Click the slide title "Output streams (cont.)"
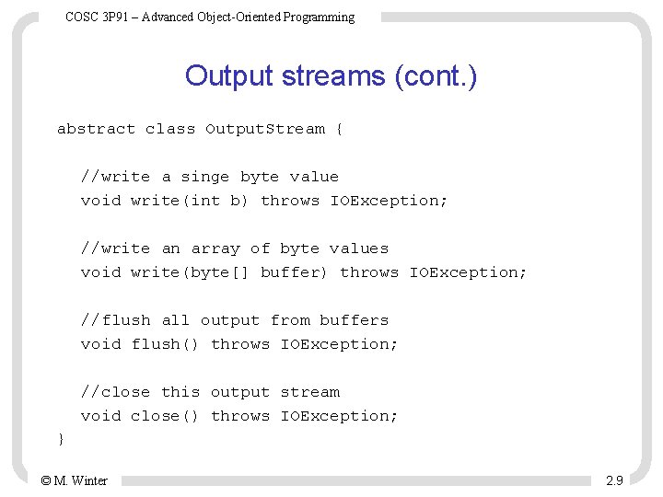(331, 75)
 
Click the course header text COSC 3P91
(210, 17)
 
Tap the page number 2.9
(614, 480)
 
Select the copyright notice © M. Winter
(74, 480)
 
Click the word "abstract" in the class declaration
(96, 129)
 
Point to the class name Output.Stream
(265, 129)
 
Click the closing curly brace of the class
(61, 440)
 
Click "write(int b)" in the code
(190, 201)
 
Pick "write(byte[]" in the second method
(190, 272)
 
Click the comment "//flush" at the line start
(115, 320)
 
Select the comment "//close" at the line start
(115, 392)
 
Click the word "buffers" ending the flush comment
(354, 320)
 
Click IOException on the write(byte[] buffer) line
(468, 272)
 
